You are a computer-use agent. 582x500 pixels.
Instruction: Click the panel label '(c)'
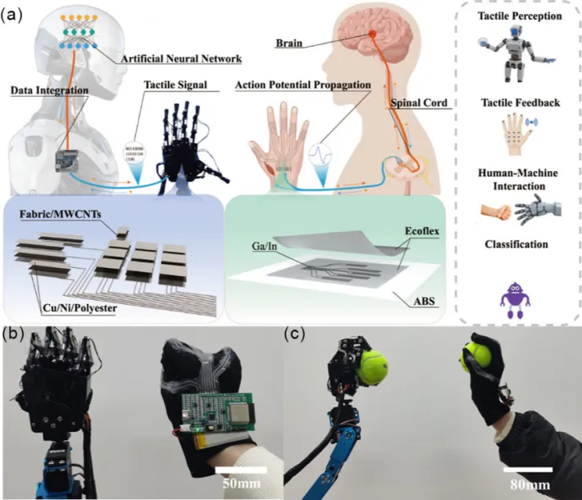pos(296,334)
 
